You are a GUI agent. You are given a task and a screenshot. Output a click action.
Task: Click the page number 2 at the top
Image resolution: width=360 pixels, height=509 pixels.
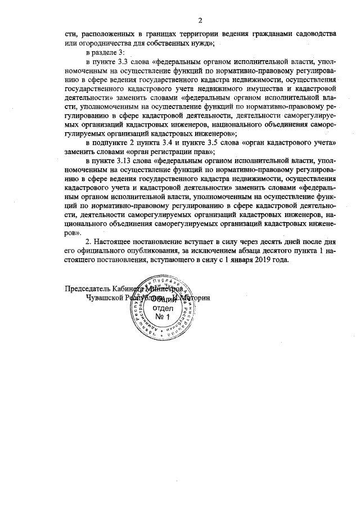(x=184, y=18)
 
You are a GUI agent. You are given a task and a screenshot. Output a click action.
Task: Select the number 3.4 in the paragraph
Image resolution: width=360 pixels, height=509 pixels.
(x=165, y=142)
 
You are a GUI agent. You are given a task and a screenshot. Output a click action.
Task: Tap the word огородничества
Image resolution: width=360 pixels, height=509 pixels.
(x=103, y=42)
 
